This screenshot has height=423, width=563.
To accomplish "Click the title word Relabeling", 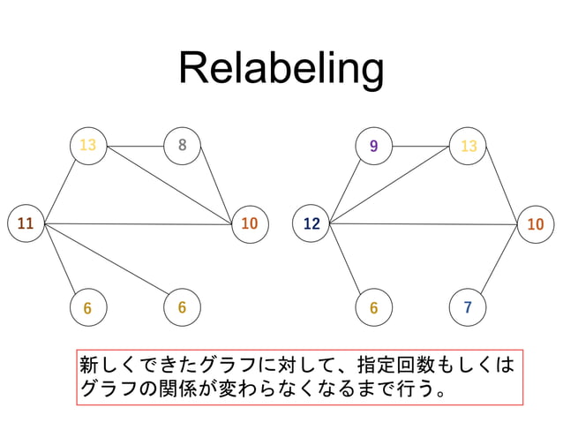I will [x=281, y=69].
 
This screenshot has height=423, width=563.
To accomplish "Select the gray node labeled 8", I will [x=182, y=145].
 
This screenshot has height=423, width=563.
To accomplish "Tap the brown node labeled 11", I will [x=26, y=223].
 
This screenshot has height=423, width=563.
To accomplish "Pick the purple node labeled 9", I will [x=374, y=146].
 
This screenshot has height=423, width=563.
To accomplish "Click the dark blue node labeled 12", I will [x=311, y=223].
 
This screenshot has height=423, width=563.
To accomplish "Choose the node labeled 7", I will [x=468, y=307].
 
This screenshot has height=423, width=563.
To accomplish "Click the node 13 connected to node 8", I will [x=87, y=145].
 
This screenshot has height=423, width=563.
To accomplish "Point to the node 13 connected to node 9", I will [x=468, y=146].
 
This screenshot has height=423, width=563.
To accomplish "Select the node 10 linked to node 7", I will [x=535, y=224].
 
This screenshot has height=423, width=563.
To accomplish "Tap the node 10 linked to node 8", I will [x=249, y=223].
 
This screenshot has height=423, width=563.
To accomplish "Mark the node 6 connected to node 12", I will [x=374, y=307].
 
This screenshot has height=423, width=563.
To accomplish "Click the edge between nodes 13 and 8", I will [x=134, y=145].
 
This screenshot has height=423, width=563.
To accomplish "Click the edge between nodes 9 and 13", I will [x=421, y=146].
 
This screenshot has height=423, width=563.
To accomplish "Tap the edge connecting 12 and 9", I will [x=343, y=184].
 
